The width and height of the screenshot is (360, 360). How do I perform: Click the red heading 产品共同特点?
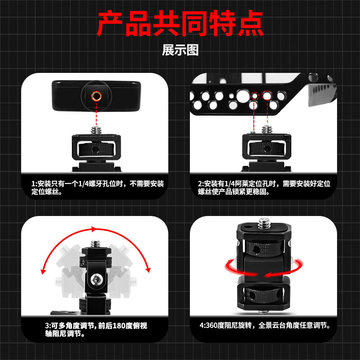pos(180,23)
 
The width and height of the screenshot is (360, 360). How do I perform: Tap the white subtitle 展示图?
pos(180,50)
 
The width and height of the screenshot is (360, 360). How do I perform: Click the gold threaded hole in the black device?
pos(96,96)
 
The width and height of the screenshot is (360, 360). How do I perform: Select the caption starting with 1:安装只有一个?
pos(98,188)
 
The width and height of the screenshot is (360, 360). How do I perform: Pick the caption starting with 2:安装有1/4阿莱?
pos(264,188)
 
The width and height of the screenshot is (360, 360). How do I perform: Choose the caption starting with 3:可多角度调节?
pos(96,329)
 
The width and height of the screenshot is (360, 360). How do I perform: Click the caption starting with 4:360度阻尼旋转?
pos(265,325)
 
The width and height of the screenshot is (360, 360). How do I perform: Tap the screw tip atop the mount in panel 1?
pos(96,130)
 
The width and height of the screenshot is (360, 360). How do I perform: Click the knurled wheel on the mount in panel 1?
pos(96,149)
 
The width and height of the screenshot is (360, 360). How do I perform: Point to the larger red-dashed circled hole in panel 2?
pos(267,95)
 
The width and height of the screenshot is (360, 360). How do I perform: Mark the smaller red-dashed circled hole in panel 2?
pos(254,95)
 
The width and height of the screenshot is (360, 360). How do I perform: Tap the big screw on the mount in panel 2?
pos(267,129)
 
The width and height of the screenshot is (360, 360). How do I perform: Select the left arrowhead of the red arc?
pos(43,271)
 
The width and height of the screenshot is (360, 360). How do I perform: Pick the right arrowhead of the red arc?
pos(148,270)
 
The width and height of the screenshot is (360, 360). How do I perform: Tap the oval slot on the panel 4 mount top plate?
pos(247,228)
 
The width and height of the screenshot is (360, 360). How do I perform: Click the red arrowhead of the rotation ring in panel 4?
pos(268,274)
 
